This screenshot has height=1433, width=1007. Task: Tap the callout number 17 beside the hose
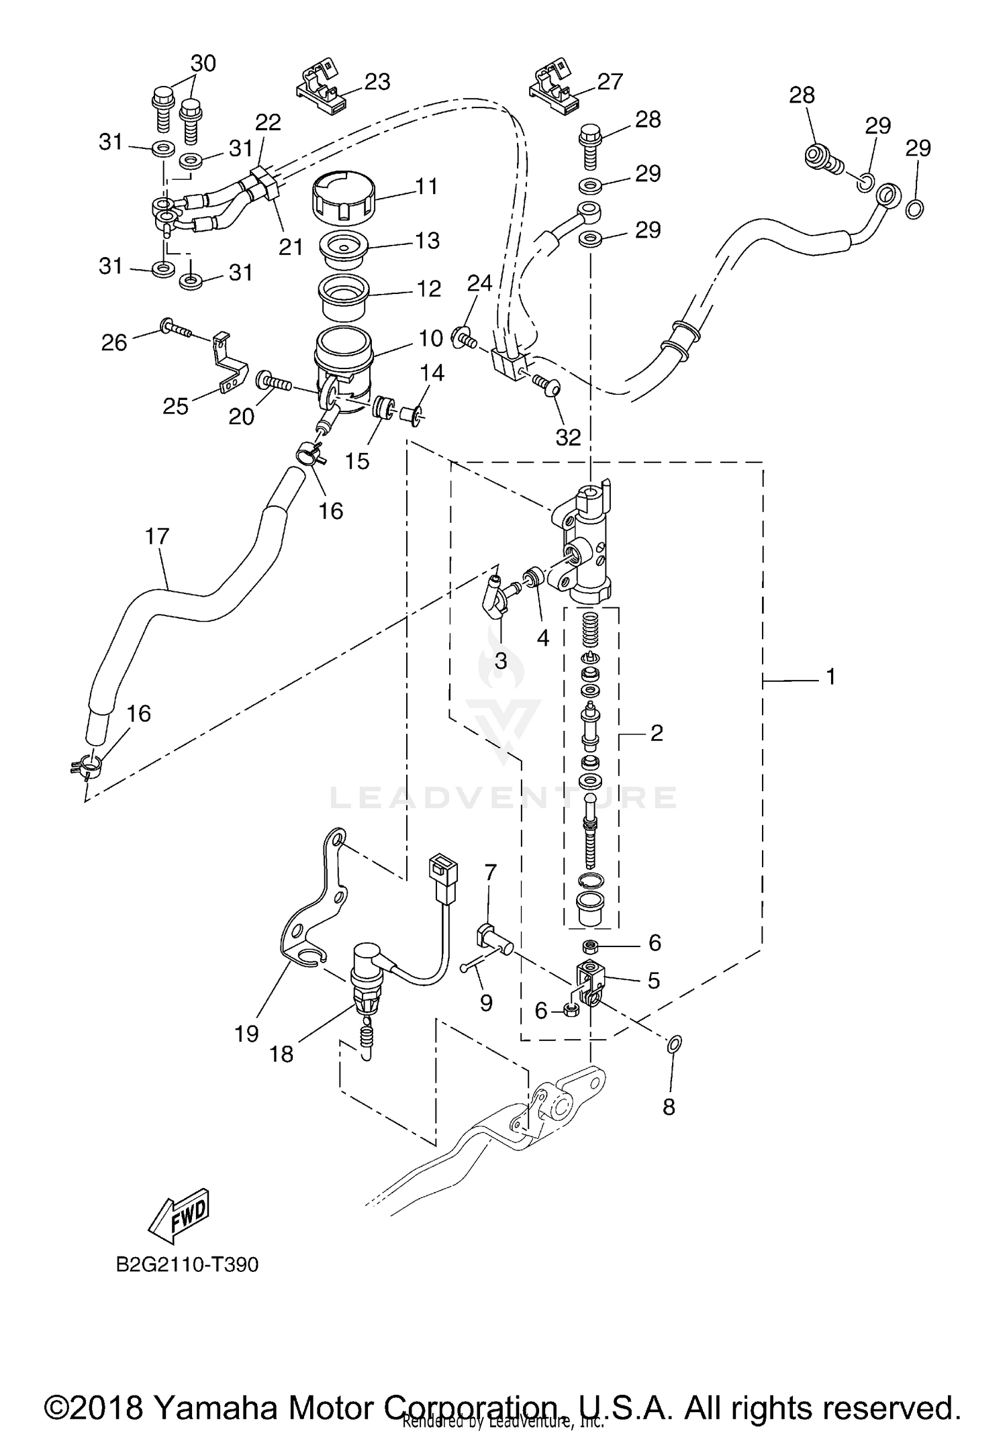(157, 536)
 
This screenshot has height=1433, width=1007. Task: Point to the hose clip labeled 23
(322, 88)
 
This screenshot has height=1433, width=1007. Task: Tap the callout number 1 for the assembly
(830, 677)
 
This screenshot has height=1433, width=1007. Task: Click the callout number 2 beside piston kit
(656, 733)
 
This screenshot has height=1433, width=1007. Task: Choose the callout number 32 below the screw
(568, 438)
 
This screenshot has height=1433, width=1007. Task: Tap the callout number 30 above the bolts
(203, 63)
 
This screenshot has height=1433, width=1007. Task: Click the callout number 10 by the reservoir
(432, 338)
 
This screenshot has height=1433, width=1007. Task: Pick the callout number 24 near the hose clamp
(479, 284)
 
